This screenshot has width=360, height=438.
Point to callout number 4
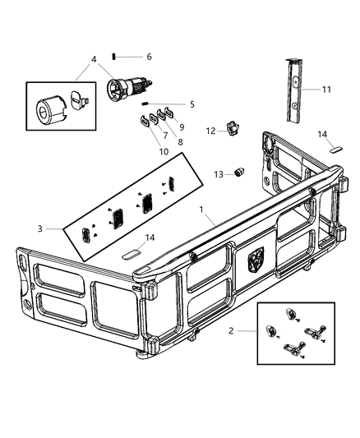(x=95, y=59)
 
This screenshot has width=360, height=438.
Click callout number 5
(x=192, y=104)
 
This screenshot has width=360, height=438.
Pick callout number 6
(x=149, y=57)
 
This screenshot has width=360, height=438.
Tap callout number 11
(x=326, y=89)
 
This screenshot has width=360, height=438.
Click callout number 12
(x=211, y=131)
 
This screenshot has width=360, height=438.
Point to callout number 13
(x=219, y=174)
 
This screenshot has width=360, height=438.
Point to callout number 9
(x=181, y=127)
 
